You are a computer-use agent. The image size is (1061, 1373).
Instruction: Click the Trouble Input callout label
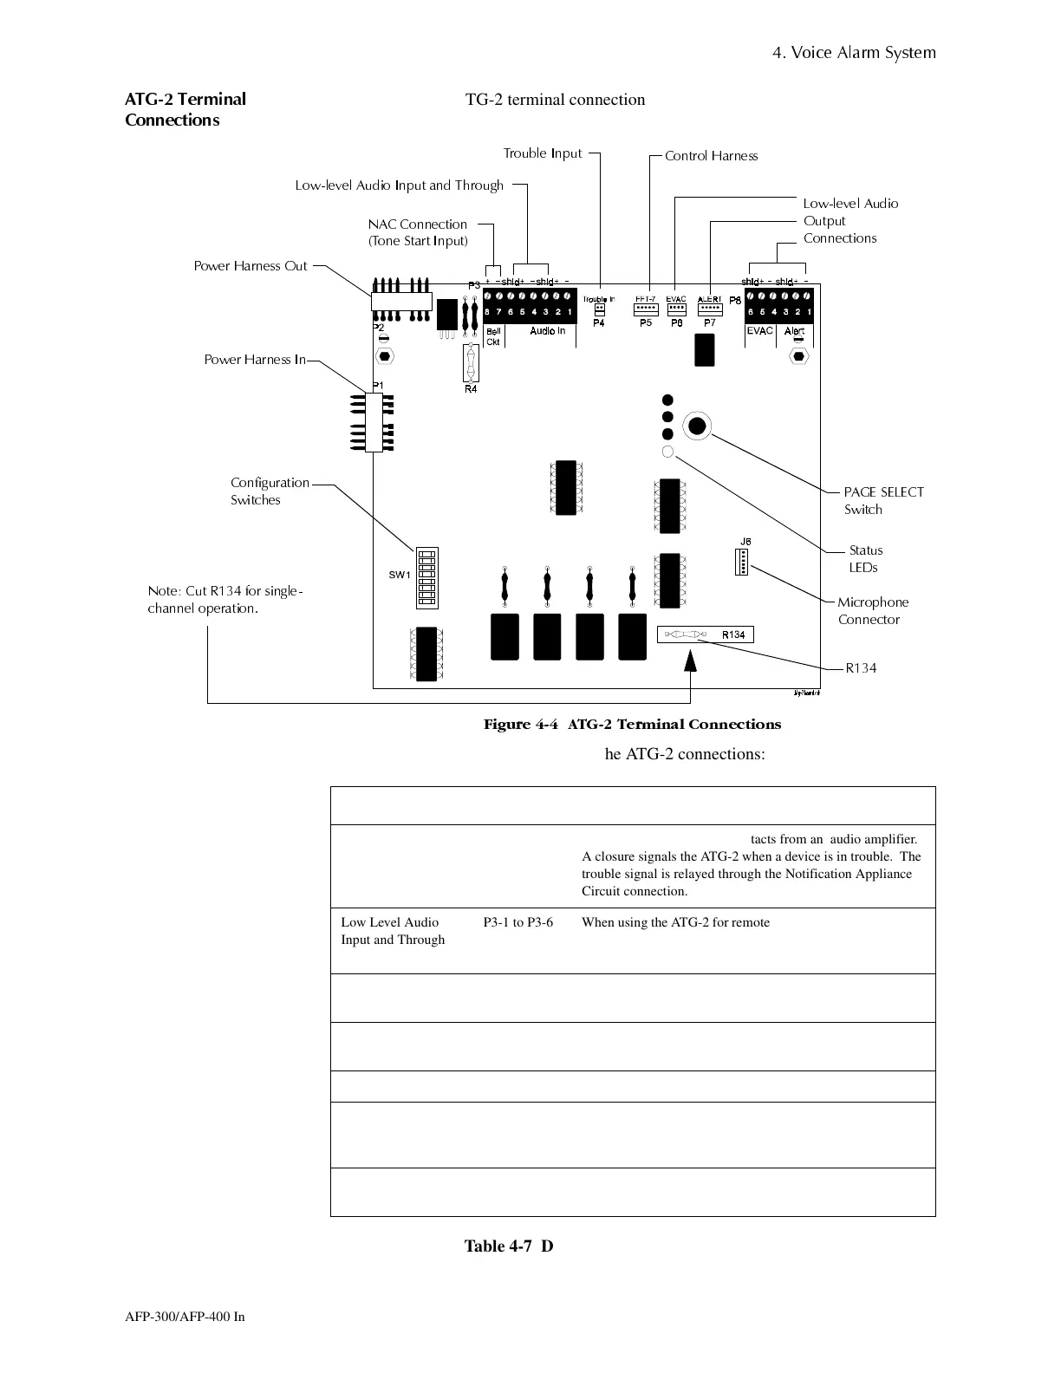543,153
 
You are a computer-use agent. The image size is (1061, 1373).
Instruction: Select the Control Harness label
711,156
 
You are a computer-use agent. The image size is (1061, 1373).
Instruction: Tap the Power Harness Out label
251,266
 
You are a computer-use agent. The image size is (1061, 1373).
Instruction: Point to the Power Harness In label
255,360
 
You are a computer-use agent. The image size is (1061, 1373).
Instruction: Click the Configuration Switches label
269,491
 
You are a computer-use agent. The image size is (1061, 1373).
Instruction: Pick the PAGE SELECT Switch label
882,501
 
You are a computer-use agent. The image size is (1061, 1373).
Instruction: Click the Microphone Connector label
872,611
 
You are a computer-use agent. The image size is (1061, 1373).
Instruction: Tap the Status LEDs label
864,559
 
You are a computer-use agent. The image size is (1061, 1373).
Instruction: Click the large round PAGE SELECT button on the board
697,426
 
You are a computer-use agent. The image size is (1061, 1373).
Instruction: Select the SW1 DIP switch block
426,575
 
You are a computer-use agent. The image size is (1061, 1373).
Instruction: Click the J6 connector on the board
741,563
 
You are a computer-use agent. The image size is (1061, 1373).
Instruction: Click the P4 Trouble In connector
599,309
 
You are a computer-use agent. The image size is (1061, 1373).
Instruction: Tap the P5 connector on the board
646,309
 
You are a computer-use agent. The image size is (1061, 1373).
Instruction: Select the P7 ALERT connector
710,309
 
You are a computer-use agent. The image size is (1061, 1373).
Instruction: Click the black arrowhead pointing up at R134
690,661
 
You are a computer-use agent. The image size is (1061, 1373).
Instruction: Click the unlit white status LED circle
667,452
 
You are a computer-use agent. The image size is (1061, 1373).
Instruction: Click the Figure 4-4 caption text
632,725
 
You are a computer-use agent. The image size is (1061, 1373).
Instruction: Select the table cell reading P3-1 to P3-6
517,922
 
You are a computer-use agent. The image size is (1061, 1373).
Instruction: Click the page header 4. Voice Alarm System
854,53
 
